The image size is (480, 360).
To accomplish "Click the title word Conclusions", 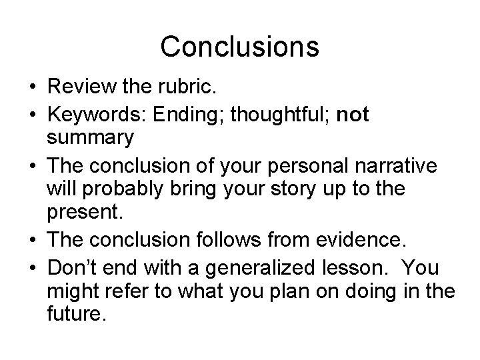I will pyautogui.click(x=240, y=47).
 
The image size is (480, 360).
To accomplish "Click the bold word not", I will pyautogui.click(x=353, y=114).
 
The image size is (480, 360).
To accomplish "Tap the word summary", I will pyautogui.click(x=90, y=137).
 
